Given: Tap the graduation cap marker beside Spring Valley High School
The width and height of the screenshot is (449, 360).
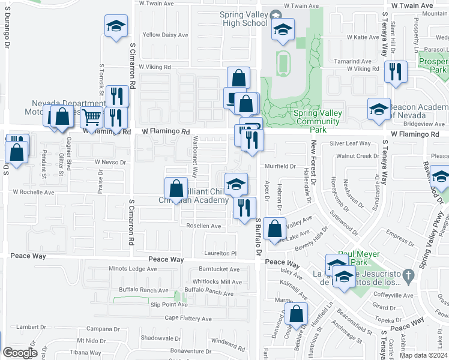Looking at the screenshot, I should tap(283, 29).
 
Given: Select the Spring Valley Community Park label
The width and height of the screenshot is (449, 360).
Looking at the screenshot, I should tap(318, 117).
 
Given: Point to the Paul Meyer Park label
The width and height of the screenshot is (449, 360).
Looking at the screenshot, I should tap(360, 258).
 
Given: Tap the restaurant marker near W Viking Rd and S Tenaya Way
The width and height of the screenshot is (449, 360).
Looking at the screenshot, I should tap(394, 71).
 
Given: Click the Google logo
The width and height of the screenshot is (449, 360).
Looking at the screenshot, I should tap(20, 353).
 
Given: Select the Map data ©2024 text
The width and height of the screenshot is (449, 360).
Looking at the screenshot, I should tap(424, 355).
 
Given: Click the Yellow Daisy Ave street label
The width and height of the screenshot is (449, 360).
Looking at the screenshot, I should tap(165, 35).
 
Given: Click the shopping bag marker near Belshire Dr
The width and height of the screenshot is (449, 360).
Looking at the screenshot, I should tap(297, 314).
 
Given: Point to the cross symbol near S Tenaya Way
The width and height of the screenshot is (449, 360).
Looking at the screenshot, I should tap(408, 276).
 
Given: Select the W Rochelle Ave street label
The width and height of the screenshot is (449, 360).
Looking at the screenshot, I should tap(34, 193).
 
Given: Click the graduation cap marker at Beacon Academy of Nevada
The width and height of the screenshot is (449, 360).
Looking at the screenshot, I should tap(379, 109).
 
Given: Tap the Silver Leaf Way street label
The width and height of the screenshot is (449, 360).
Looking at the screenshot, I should tap(351, 144).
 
